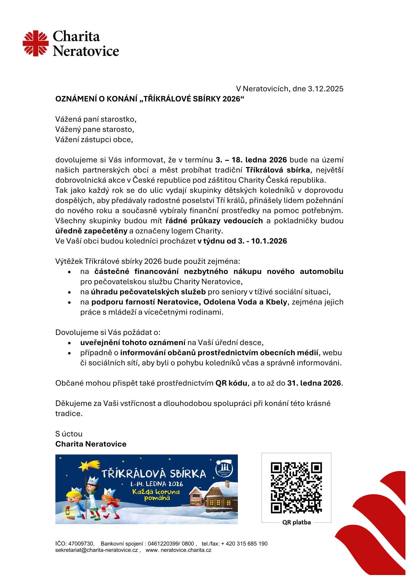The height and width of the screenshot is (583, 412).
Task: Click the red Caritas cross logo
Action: pyautogui.click(x=35, y=43)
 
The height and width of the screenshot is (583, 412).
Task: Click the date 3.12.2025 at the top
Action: pyautogui.click(x=325, y=89)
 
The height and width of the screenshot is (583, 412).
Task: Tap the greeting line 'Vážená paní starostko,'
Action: pyautogui.click(x=96, y=119)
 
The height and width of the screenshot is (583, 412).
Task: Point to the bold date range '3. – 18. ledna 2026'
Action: pyautogui.click(x=251, y=160)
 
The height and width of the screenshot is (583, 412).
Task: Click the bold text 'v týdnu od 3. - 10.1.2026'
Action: pyautogui.click(x=242, y=241)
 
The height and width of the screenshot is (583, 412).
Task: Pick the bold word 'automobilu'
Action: pyautogui.click(x=322, y=271)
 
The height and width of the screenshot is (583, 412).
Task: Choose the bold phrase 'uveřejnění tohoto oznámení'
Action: pyautogui.click(x=133, y=343)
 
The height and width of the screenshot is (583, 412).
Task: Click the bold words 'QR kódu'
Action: pyautogui.click(x=231, y=383)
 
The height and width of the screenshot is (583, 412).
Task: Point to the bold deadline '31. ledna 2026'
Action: pyautogui.click(x=314, y=383)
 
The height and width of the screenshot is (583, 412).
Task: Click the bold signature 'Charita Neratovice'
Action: pyautogui.click(x=91, y=444)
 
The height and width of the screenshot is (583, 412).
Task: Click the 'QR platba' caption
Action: pyautogui.click(x=296, y=522)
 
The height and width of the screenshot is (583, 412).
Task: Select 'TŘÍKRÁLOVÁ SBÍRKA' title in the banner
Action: pyautogui.click(x=153, y=474)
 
